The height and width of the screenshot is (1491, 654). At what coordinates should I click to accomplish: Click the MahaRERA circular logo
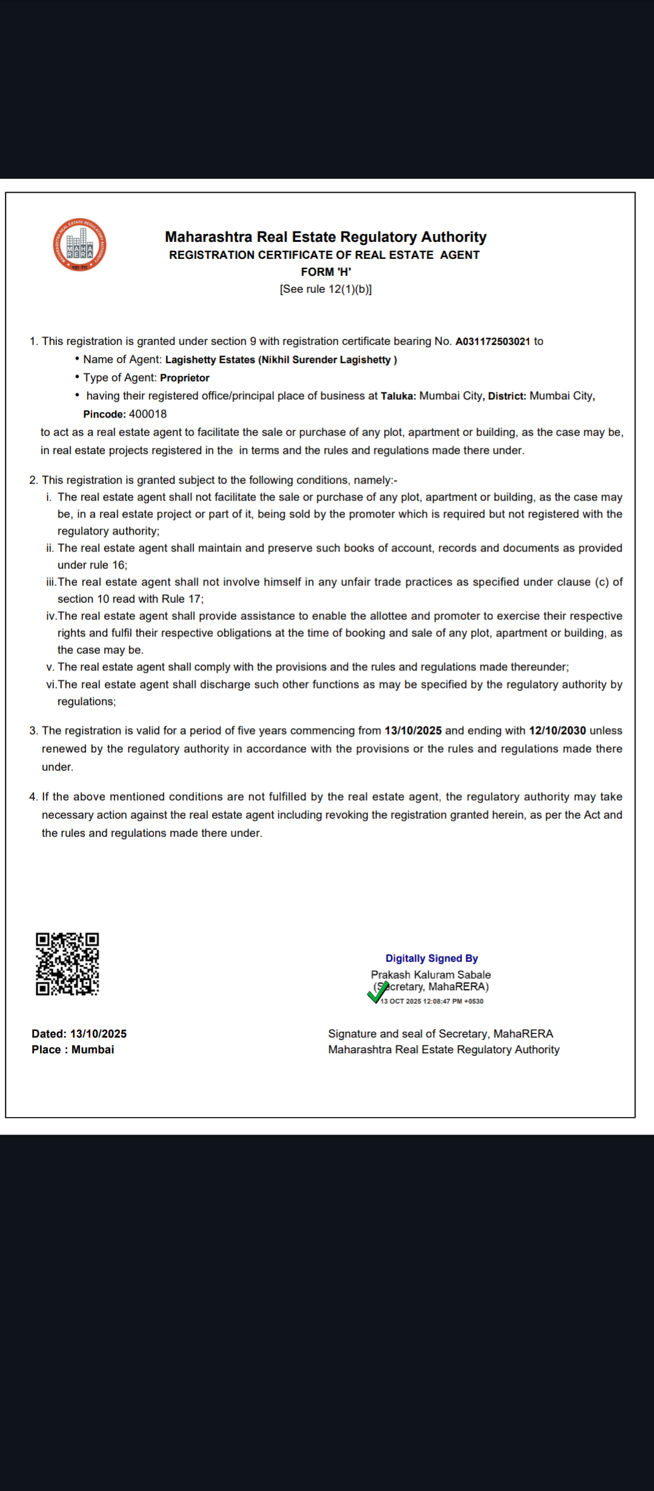point(79,245)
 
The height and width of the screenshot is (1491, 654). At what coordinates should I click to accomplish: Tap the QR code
point(67,964)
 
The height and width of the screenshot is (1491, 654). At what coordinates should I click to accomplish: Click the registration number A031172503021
point(492,341)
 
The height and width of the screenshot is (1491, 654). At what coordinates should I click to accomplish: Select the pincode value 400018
point(148,414)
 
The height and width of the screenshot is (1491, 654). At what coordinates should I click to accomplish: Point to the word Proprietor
point(185,378)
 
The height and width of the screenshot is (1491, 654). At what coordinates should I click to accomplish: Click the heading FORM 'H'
point(326,272)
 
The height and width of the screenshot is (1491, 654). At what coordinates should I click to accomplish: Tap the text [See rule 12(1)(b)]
point(326,289)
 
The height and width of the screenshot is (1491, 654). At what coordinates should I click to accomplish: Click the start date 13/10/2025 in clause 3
point(413,730)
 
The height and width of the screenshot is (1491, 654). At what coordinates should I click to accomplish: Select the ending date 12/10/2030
point(557,730)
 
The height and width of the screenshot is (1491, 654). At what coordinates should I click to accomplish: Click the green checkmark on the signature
point(377,993)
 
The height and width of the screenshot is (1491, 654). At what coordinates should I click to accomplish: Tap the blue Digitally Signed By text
point(432,958)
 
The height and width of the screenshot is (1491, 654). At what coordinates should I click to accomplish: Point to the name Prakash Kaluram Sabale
point(431,975)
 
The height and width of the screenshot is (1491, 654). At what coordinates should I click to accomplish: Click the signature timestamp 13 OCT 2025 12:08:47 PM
point(432,1001)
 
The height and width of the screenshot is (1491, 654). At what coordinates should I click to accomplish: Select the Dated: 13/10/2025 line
point(79,1034)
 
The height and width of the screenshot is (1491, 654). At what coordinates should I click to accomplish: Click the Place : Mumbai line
point(73,1050)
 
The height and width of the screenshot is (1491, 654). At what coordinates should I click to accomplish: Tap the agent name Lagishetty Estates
point(210,359)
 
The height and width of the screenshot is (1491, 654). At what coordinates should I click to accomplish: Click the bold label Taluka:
point(398,396)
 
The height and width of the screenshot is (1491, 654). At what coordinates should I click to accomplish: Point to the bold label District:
point(507,396)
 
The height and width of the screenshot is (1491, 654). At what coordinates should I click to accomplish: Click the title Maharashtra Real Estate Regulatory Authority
point(326,237)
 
